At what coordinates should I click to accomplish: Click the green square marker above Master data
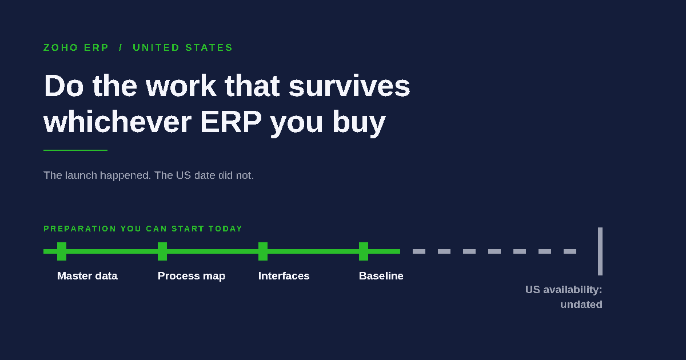62,251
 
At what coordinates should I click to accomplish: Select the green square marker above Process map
162,251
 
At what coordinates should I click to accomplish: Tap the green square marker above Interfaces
263,251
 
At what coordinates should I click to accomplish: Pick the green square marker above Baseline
364,251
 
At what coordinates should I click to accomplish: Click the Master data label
87,276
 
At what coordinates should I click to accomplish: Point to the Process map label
192,276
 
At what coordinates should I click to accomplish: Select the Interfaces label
284,276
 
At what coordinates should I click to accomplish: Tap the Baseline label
381,276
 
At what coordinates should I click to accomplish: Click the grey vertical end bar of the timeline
600,251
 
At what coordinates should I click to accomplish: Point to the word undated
581,305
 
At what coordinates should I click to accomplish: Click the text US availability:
564,290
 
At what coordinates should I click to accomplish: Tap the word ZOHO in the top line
61,48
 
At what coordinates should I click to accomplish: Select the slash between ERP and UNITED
121,48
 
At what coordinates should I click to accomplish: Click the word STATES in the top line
209,48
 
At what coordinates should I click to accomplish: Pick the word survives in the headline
349,86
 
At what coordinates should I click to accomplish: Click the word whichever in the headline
118,122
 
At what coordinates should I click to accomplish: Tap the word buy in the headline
359,123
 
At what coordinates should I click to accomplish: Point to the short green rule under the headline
75,150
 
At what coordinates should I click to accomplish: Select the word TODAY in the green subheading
225,229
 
